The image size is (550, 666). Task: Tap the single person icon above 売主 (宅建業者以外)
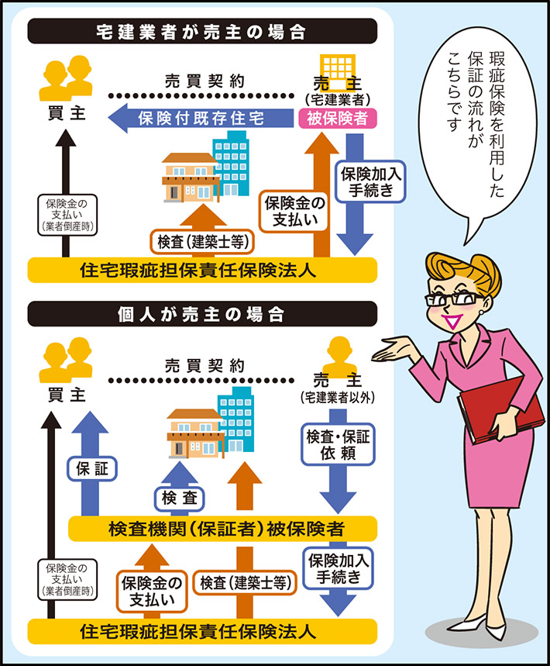pos(338,355)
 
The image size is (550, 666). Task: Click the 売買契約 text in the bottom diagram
pos(205,364)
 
